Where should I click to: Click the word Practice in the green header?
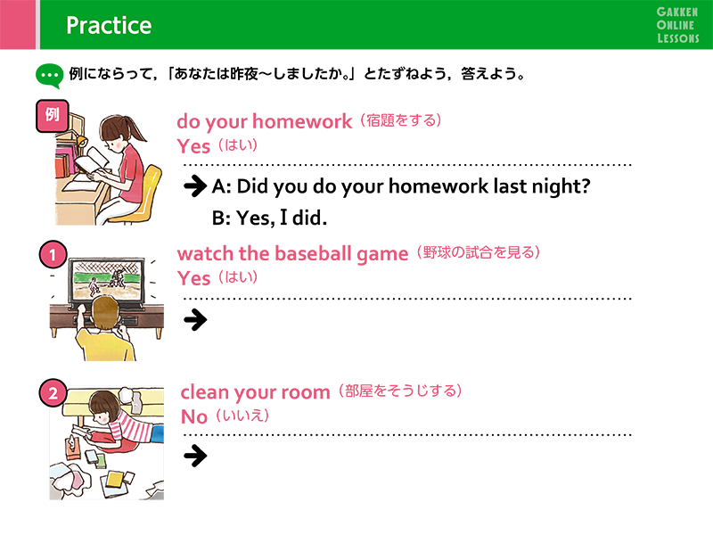[109, 25]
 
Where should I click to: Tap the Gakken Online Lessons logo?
[677, 25]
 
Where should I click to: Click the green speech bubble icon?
[49, 76]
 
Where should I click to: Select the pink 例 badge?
[53, 116]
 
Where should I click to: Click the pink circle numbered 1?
[53, 254]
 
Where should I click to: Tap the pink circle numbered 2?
[53, 393]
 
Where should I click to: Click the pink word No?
[194, 416]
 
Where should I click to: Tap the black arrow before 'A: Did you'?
[195, 185]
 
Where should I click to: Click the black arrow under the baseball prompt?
[195, 320]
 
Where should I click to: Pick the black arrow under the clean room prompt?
[195, 456]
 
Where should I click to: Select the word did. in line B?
[309, 218]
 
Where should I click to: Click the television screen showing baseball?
[107, 279]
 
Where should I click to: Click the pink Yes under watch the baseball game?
[193, 278]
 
